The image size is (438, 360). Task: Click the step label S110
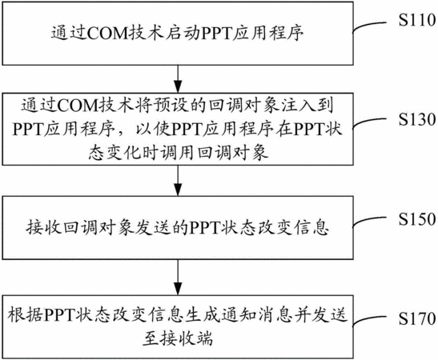tap(417, 21)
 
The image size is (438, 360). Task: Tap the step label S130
tap(417, 119)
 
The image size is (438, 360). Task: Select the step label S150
tap(417, 219)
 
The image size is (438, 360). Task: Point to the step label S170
tap(417, 318)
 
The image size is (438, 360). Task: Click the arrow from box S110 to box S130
tap(178, 79)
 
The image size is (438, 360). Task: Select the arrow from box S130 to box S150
tap(178, 180)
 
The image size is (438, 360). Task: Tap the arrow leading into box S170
tap(178, 277)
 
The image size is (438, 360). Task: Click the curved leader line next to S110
tap(369, 26)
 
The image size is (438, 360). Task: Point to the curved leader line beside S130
tap(369, 122)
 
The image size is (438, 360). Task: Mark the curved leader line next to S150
tap(369, 221)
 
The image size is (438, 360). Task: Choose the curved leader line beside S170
tap(369, 320)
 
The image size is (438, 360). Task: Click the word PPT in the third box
tap(204, 228)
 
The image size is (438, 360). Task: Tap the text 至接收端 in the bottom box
tap(178, 338)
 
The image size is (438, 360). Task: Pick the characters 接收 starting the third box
tap(43, 228)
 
